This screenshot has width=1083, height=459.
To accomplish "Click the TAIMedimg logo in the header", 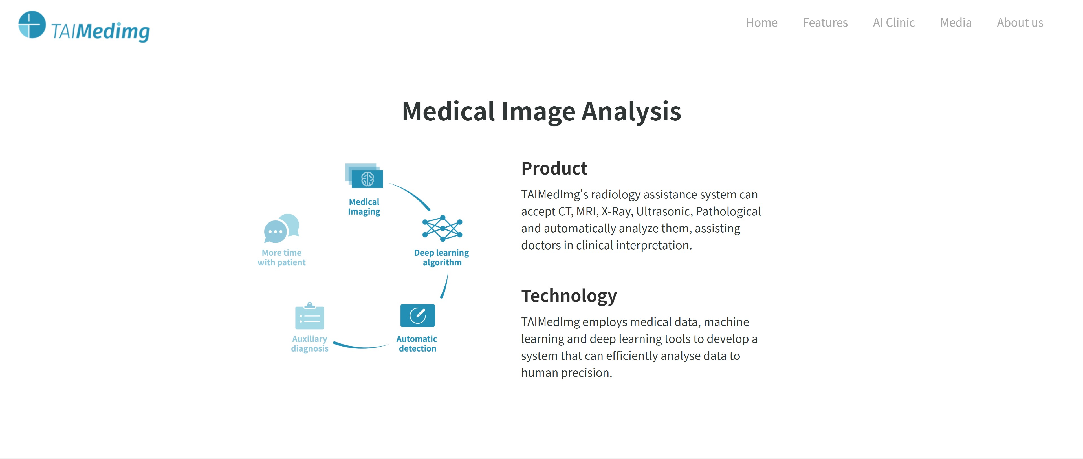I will point(84,27).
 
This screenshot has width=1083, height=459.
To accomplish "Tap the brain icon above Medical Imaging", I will point(367,179).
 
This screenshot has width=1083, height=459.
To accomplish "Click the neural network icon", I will point(442,228).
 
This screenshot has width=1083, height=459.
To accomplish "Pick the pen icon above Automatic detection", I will point(417,315).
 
